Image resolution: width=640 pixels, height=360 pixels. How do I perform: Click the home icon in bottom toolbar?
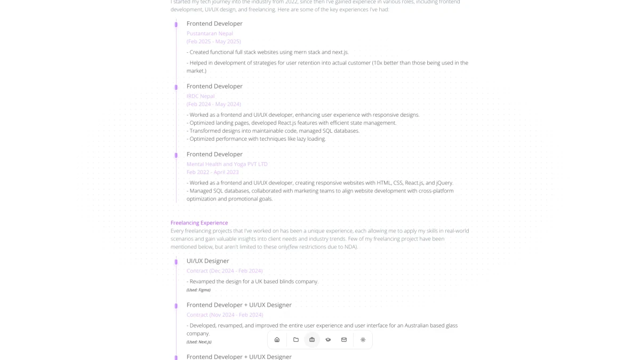click(x=277, y=340)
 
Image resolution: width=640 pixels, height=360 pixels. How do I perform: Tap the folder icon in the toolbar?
click(x=296, y=340)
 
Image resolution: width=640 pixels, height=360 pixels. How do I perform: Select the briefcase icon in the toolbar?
click(x=312, y=340)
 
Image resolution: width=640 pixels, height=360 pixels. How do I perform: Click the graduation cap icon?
click(x=328, y=340)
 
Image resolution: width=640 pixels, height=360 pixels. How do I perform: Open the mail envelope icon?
click(x=344, y=340)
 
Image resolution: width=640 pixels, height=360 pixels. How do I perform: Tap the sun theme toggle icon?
click(x=363, y=340)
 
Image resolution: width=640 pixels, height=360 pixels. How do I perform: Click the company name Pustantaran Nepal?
click(x=210, y=33)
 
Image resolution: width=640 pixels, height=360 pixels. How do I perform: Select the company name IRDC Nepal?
click(x=201, y=96)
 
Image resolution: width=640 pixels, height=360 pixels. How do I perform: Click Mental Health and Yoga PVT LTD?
click(x=227, y=164)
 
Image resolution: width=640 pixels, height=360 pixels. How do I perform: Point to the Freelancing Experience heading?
click(x=199, y=223)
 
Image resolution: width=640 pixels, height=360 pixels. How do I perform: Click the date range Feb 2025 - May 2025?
click(x=213, y=42)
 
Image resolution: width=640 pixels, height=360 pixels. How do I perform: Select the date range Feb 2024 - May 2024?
click(x=213, y=104)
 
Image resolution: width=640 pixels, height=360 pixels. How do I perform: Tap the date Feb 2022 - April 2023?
click(x=212, y=172)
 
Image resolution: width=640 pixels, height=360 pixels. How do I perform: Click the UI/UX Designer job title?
click(x=207, y=261)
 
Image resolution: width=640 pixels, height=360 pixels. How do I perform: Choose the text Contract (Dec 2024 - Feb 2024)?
click(x=225, y=271)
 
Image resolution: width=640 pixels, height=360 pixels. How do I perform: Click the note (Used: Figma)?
click(x=198, y=290)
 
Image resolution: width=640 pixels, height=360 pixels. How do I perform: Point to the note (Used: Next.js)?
click(x=199, y=342)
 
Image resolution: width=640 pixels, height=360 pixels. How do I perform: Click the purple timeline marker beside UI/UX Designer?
click(x=176, y=262)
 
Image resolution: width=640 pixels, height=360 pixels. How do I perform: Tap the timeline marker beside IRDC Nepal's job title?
click(x=176, y=87)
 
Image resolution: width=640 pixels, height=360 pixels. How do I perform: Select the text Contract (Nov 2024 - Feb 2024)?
click(x=225, y=315)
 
